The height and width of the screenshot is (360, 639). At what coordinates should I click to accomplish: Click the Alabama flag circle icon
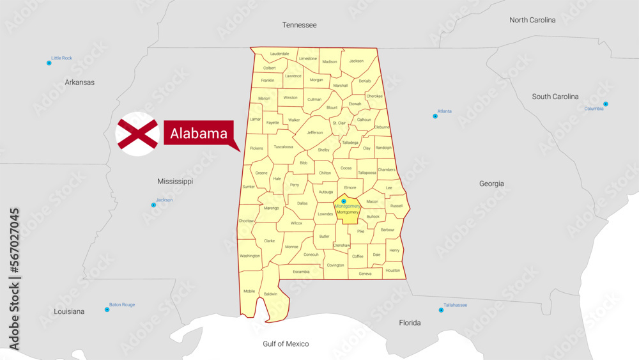tap(137, 134)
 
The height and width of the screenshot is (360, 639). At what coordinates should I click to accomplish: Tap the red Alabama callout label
tap(199, 133)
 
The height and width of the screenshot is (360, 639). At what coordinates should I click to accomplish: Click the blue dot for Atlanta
tap(435, 116)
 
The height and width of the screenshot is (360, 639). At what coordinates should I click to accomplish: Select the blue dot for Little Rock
tap(49, 63)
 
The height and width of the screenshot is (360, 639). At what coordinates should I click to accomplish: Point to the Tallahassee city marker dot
tap(441, 310)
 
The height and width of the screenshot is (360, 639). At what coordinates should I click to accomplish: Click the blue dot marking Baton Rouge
tap(107, 309)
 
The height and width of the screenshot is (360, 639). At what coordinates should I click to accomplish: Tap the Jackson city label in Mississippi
tap(164, 200)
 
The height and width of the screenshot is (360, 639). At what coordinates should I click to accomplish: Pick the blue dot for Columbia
tap(606, 104)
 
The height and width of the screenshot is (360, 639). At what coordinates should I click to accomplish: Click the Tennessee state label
tap(299, 25)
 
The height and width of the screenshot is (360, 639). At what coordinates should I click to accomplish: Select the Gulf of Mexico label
tap(286, 344)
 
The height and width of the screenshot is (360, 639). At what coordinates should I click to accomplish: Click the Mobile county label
tap(249, 291)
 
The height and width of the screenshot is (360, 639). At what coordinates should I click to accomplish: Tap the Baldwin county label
tap(271, 294)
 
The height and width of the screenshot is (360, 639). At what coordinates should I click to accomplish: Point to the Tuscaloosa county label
tap(283, 147)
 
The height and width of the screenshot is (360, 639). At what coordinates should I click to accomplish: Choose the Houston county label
tap(393, 270)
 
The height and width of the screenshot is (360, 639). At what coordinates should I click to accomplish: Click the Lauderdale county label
tap(280, 54)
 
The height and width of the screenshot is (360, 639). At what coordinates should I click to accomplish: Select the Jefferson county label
tap(315, 133)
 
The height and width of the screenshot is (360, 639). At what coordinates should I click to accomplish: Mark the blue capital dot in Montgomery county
tap(344, 201)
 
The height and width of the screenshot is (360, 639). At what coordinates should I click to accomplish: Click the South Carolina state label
tap(555, 97)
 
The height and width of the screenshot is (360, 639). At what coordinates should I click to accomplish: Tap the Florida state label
tap(410, 323)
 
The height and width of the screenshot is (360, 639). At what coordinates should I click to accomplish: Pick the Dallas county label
tap(302, 203)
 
